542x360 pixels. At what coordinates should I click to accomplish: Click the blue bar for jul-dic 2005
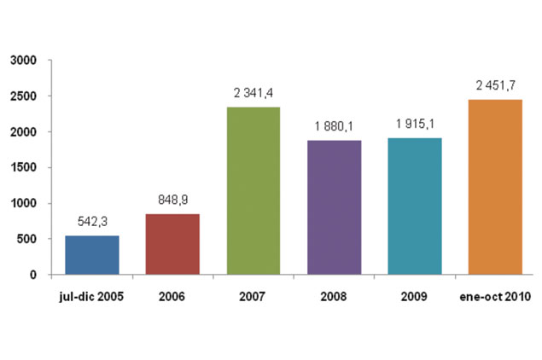(92, 255)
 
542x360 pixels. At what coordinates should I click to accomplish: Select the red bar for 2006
(172, 244)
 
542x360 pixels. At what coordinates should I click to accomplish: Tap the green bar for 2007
(254, 191)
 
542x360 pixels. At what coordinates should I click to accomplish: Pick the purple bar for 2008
(335, 207)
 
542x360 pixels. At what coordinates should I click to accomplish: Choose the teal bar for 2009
(415, 206)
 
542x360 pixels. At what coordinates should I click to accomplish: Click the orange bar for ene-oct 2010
(495, 187)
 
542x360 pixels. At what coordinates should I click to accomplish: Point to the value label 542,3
(92, 222)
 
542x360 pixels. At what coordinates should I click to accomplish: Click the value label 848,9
(172, 200)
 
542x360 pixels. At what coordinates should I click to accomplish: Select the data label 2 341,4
(254, 93)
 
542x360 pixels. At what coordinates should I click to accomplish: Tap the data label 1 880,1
(334, 126)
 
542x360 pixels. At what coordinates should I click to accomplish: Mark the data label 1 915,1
(415, 124)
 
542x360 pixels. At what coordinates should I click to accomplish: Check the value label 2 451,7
(496, 85)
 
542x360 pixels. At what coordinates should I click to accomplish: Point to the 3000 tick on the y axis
(24, 61)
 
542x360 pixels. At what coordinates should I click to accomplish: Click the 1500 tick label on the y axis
(24, 167)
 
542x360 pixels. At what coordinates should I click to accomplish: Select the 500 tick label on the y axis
(26, 239)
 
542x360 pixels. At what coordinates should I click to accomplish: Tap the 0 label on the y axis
(33, 275)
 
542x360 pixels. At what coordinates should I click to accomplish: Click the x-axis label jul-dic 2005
(91, 296)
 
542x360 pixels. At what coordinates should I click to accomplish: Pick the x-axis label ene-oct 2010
(495, 296)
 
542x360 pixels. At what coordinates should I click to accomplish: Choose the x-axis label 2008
(334, 296)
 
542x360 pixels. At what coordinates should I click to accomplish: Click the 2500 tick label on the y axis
(24, 96)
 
